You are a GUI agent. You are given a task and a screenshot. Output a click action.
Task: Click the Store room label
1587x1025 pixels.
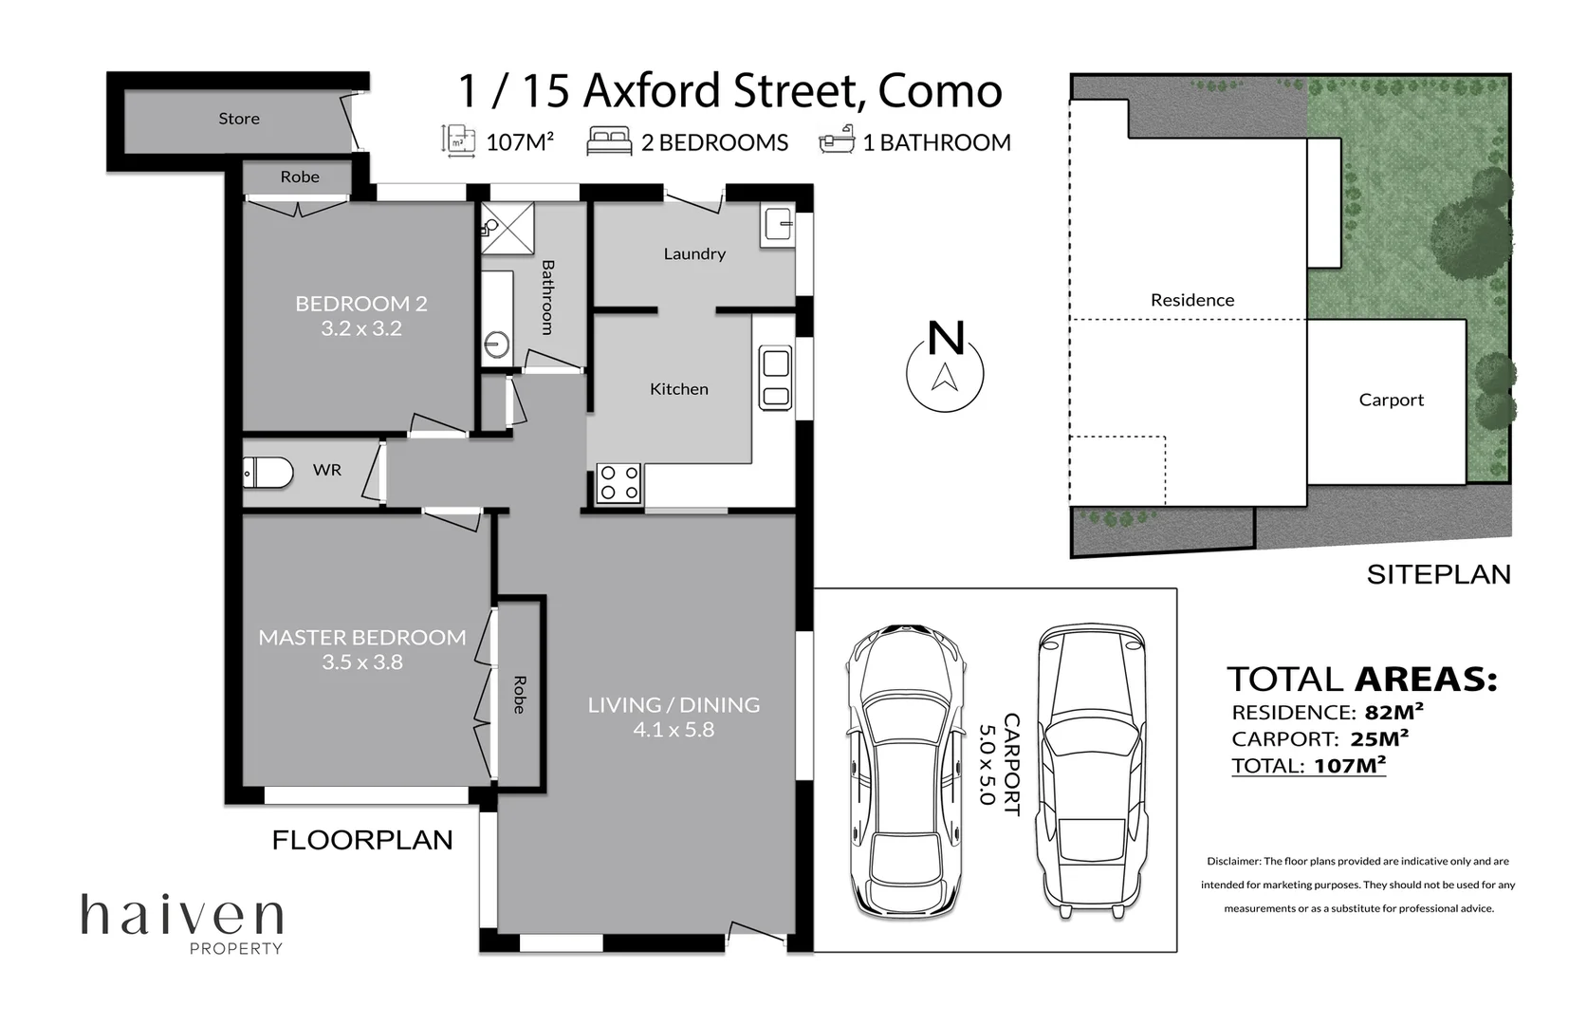coord(239,119)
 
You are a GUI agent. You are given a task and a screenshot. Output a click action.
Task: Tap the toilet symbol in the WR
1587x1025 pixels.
coord(268,472)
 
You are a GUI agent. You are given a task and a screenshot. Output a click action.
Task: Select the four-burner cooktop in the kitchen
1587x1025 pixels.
coord(618,483)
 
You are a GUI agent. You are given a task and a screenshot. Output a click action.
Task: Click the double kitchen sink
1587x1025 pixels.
coord(776,377)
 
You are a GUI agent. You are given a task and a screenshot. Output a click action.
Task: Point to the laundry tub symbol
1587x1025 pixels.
coord(778,224)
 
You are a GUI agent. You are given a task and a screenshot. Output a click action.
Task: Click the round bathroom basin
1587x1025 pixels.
coord(497,345)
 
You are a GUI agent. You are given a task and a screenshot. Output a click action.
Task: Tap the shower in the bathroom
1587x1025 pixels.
coord(507,228)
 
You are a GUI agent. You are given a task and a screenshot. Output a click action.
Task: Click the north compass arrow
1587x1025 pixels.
coord(945,377)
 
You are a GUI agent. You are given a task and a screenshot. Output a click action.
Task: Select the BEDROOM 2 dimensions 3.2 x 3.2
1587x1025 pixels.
coord(361,328)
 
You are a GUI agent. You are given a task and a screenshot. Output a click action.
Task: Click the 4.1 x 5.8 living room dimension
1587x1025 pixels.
coord(674,730)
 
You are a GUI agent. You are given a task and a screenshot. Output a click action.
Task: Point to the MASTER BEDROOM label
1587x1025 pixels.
coord(362,637)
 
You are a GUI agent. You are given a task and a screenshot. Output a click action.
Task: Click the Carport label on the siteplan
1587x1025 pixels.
coord(1391,401)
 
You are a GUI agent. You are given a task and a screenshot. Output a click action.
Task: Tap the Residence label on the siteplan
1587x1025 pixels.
coord(1192,300)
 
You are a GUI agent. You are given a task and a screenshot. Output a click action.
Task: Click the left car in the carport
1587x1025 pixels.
coord(906,772)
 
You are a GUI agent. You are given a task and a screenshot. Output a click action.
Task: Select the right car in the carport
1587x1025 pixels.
coord(1091,772)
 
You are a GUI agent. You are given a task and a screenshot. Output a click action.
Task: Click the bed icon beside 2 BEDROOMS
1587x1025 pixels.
coord(609,140)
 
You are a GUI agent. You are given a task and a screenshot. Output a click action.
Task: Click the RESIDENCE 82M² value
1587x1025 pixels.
coord(1393,711)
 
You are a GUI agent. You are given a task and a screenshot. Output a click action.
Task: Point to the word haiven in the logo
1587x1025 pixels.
coord(182,915)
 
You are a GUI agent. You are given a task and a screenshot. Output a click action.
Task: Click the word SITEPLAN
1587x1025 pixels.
coord(1438,575)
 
